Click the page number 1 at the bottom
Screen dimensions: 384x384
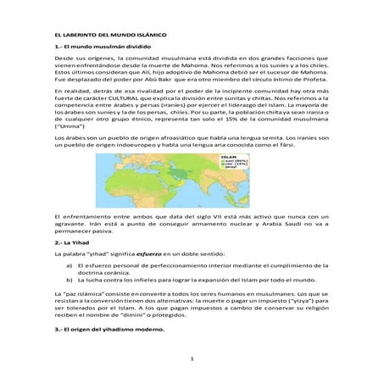(x=192, y=359)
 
